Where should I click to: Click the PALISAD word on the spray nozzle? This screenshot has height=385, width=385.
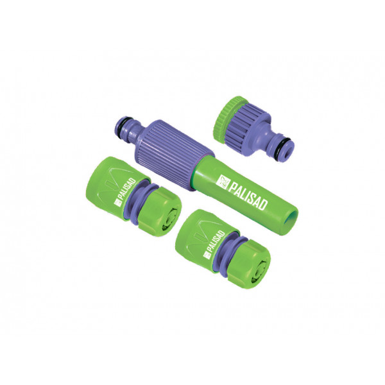point(248,194)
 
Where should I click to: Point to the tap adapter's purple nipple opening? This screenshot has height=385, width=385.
point(290,149)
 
